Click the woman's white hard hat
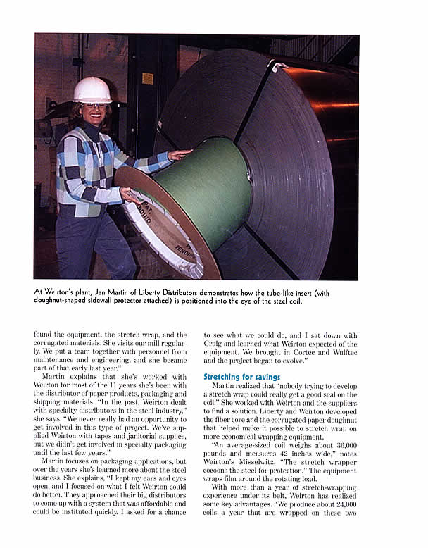(x=93, y=89)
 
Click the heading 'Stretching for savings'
(x=241, y=378)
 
